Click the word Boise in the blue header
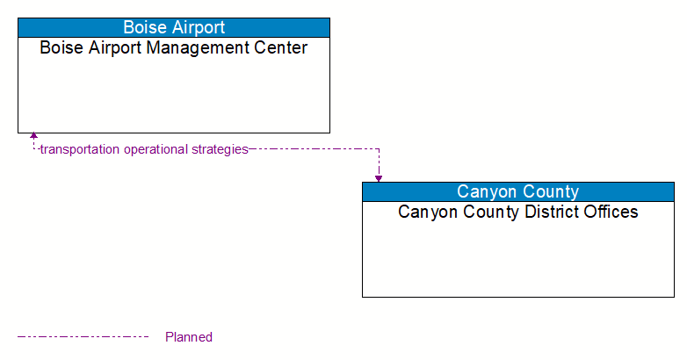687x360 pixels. (143, 27)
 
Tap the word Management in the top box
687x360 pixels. (196, 47)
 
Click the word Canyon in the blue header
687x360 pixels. (486, 191)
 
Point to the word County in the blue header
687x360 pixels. (550, 191)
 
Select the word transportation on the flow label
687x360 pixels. (80, 149)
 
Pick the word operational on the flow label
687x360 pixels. (155, 149)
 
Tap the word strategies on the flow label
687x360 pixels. (219, 149)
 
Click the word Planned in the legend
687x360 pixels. (189, 337)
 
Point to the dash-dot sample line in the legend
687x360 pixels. (83, 336)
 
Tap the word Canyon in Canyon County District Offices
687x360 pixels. (423, 212)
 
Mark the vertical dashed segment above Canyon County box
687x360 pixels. (379, 162)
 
